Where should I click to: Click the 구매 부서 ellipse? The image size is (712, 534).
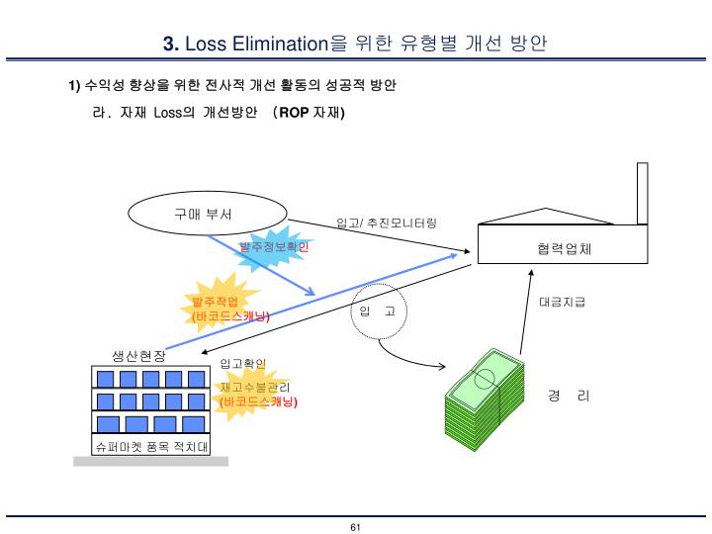(x=209, y=213)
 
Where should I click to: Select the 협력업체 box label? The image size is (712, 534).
(x=558, y=248)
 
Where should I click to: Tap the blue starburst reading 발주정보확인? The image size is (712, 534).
(x=273, y=246)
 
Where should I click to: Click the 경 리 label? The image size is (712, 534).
(x=569, y=396)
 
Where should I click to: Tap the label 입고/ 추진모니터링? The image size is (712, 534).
(x=386, y=223)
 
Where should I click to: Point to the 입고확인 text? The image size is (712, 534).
(x=242, y=364)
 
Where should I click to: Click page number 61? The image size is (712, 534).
(x=356, y=527)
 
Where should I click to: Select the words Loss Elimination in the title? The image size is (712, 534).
(x=256, y=44)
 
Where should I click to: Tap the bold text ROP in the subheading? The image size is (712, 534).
(x=295, y=112)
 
